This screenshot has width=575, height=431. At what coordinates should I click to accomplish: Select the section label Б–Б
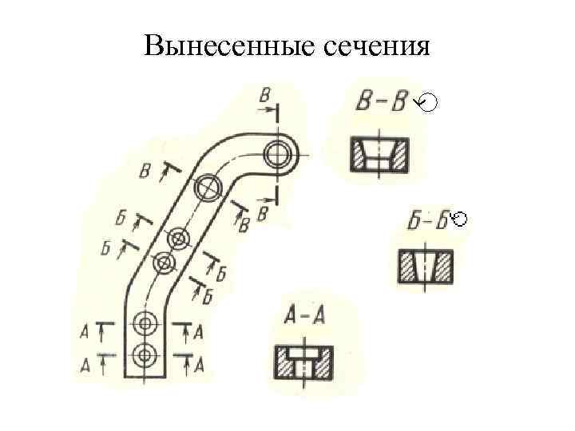(x=426, y=221)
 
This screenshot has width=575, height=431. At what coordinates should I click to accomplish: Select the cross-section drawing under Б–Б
(x=426, y=267)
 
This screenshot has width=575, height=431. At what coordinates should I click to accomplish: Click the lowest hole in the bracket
(x=145, y=354)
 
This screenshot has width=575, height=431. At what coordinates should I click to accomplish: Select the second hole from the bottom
(x=145, y=323)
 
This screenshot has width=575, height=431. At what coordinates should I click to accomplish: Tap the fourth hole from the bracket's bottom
(x=178, y=238)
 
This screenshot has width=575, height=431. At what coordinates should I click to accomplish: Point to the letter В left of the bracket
(x=145, y=171)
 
